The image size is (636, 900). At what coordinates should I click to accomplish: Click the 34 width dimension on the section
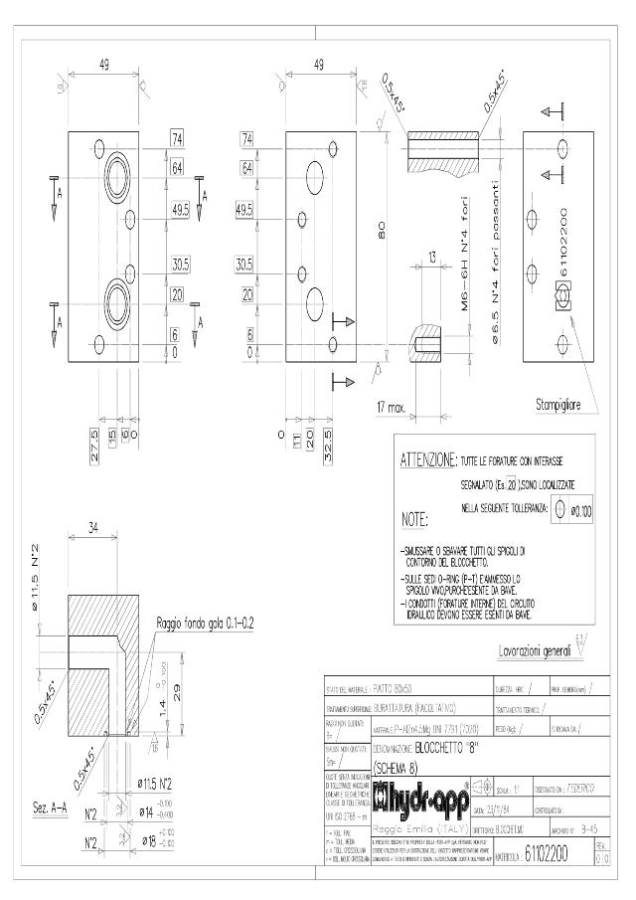click(x=94, y=527)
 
